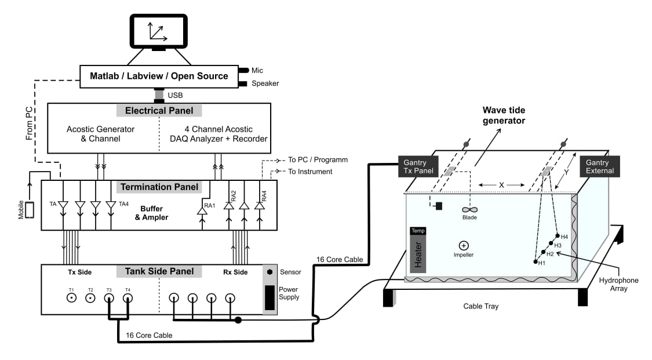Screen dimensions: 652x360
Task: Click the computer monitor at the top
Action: [x=158, y=31]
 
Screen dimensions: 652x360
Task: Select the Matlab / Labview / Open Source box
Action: [x=159, y=77]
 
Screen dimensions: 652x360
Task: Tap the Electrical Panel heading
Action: [x=159, y=111]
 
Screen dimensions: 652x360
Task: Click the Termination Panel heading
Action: [x=159, y=187]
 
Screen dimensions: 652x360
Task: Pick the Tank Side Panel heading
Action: [x=159, y=271]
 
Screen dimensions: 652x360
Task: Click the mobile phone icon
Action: [x=30, y=210]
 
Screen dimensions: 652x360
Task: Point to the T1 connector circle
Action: [x=71, y=297]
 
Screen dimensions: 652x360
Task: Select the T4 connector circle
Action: [x=128, y=297]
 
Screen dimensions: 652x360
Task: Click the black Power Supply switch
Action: [x=270, y=297]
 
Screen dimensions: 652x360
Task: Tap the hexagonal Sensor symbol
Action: [x=270, y=272]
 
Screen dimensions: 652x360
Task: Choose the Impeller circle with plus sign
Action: [x=464, y=246]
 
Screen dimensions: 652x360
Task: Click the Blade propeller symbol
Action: [x=469, y=210]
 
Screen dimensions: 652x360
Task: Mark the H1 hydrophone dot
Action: [x=536, y=261]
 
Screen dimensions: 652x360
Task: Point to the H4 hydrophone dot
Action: [x=558, y=236]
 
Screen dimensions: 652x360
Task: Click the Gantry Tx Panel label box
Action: [x=418, y=166]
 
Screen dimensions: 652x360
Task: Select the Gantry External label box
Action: [x=600, y=166]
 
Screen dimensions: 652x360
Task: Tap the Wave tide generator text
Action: [x=504, y=115]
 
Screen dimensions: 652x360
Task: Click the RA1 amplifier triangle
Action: [x=202, y=211]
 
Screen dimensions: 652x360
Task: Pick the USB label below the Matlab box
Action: [x=175, y=95]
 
